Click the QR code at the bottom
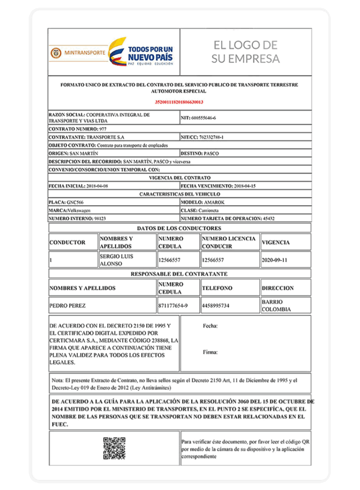(x=114, y=448)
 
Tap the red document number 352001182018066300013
(x=179, y=102)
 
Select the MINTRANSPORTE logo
(x=77, y=52)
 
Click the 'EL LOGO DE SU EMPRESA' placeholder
(x=245, y=52)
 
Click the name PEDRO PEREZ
(x=67, y=305)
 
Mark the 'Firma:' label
(x=210, y=352)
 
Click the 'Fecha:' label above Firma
(x=210, y=326)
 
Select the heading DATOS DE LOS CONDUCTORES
(x=179, y=228)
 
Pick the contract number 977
(x=103, y=129)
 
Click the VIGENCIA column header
(x=275, y=243)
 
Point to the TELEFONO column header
(x=217, y=289)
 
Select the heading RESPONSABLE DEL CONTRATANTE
(x=179, y=274)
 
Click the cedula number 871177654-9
(x=173, y=305)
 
